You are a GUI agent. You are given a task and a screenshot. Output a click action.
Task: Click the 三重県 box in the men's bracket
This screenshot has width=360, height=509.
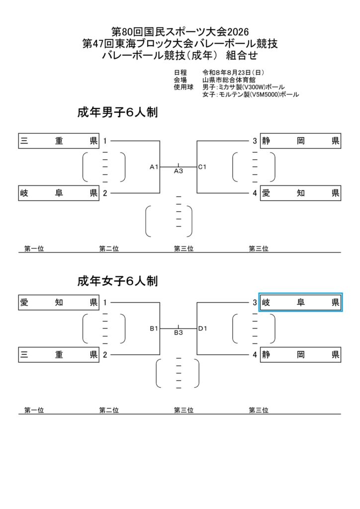point(59,141)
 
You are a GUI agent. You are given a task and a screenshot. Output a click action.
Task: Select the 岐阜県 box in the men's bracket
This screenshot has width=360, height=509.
point(59,193)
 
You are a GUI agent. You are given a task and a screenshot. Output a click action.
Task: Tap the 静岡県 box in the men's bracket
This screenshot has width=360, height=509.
point(301,141)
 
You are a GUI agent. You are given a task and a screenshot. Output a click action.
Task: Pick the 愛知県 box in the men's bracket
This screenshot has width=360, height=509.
point(301,193)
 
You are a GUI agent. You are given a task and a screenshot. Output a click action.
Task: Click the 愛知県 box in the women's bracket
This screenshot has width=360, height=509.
point(59,303)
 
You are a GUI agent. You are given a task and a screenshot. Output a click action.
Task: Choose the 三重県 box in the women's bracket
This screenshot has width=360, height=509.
point(59,354)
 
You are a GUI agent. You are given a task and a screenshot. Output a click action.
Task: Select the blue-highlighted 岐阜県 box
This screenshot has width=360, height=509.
point(301,303)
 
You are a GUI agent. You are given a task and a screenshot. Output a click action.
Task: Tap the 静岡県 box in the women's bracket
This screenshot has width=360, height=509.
point(301,354)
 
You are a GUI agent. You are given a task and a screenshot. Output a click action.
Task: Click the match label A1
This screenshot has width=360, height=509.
point(154,167)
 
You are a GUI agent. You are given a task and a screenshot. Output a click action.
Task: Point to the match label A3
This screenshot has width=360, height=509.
point(179,171)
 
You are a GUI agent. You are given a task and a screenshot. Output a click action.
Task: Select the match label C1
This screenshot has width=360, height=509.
point(202,167)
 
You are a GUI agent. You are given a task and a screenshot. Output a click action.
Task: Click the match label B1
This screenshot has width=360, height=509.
point(154,329)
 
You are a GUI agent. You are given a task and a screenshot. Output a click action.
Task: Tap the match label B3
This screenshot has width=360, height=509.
point(179,333)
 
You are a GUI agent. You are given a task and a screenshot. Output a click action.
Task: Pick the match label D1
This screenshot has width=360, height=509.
point(202,329)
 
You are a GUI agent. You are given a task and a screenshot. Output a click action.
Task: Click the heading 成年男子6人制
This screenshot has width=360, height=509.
point(117,112)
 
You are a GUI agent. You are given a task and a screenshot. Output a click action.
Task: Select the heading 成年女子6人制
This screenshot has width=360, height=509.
point(117,281)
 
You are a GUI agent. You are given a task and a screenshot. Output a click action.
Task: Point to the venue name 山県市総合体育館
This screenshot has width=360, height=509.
point(229,80)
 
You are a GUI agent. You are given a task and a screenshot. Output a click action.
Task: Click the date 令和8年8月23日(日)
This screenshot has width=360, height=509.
point(233,73)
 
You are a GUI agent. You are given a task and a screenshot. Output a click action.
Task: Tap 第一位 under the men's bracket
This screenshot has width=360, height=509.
point(34,249)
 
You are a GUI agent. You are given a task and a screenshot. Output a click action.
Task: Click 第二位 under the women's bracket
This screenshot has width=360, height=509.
point(109,410)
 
